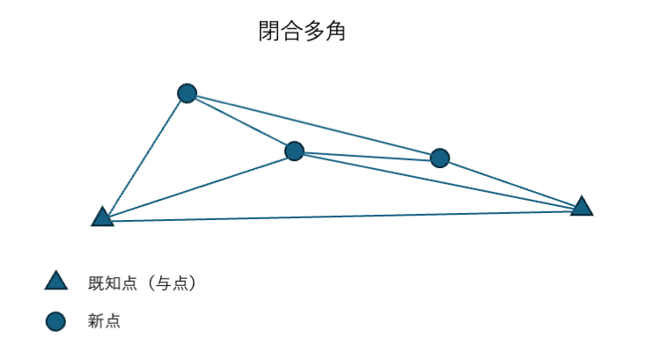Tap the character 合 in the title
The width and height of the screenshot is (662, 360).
click(292, 33)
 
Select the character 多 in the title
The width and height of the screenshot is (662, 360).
click(313, 33)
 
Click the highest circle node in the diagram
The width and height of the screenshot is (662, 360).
click(187, 93)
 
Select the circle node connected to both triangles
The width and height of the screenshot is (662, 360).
click(294, 151)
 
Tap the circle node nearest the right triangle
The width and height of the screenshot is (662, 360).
click(440, 158)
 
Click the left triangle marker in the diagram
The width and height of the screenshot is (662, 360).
click(102, 217)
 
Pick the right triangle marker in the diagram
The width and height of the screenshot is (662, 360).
click(581, 207)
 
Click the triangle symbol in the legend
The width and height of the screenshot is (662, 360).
click(55, 282)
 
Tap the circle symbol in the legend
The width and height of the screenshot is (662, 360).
click(55, 322)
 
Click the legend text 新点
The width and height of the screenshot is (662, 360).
click(104, 322)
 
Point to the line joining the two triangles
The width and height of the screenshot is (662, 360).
click(343, 215)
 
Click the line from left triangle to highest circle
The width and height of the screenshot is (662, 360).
click(144, 156)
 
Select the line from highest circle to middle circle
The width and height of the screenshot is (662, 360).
click(240, 122)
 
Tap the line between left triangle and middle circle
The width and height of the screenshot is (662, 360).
click(198, 185)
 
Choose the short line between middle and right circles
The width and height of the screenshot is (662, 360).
click(367, 155)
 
